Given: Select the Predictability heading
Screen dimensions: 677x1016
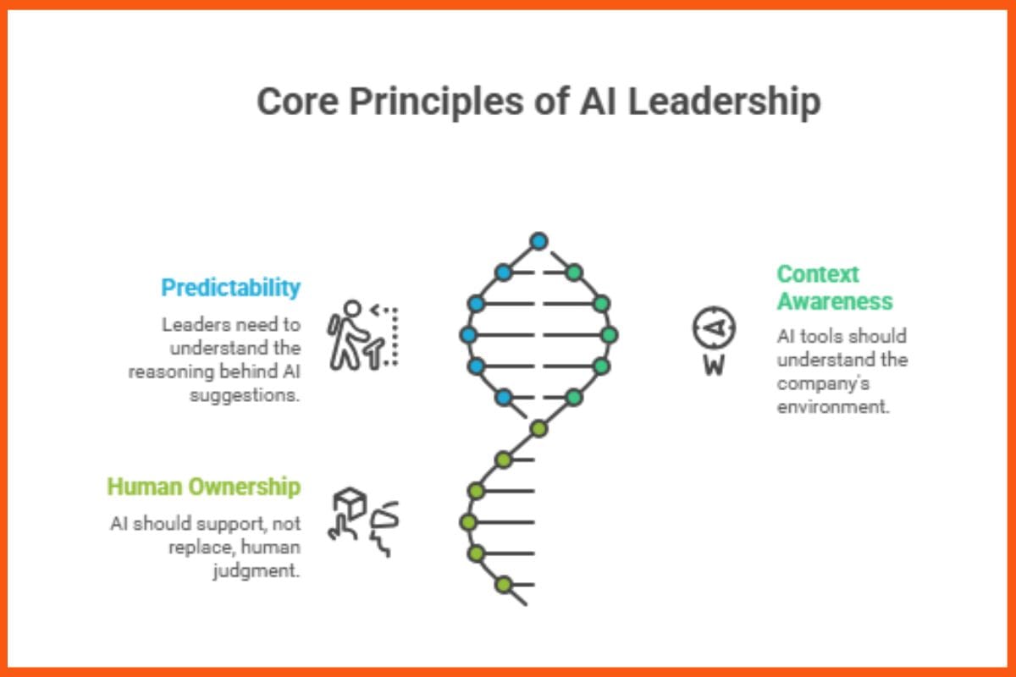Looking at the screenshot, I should coord(230,288).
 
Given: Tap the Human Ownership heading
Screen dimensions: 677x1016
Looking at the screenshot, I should coord(203,487).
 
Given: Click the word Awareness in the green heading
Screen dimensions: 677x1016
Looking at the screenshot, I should coord(834,301).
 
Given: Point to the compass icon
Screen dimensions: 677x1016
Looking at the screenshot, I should coord(714,328).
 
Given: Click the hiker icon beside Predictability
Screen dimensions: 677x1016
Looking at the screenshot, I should coord(350,334).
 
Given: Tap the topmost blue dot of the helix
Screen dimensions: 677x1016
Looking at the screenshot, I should coord(538,241).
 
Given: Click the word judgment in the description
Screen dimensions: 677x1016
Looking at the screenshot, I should coord(257,570).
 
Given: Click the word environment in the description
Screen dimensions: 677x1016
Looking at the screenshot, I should coord(833,406).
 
